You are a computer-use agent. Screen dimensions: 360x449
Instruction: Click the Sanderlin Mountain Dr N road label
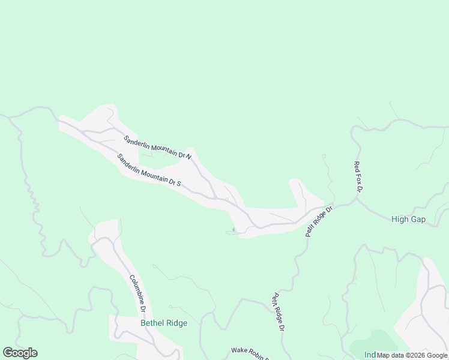click(x=157, y=148)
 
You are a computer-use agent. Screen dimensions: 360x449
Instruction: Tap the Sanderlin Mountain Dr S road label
click(x=149, y=170)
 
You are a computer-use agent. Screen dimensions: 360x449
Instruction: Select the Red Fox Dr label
click(x=358, y=177)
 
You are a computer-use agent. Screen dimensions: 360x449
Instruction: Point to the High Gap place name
click(x=408, y=220)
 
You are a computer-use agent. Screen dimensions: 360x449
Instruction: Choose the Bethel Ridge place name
click(x=164, y=323)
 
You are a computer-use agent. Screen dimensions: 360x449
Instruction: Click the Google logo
click(x=20, y=353)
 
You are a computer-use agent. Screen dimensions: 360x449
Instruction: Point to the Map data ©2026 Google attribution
click(x=412, y=355)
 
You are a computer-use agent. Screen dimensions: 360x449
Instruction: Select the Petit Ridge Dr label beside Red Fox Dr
click(x=319, y=222)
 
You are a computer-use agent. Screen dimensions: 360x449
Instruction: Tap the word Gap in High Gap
click(x=418, y=220)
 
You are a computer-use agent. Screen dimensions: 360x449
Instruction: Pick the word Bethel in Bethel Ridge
click(x=152, y=323)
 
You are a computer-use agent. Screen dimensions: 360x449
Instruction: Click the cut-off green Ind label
click(x=369, y=355)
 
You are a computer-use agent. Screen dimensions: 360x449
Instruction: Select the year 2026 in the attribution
click(x=410, y=355)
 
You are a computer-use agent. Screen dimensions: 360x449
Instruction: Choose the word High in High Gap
click(x=400, y=220)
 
